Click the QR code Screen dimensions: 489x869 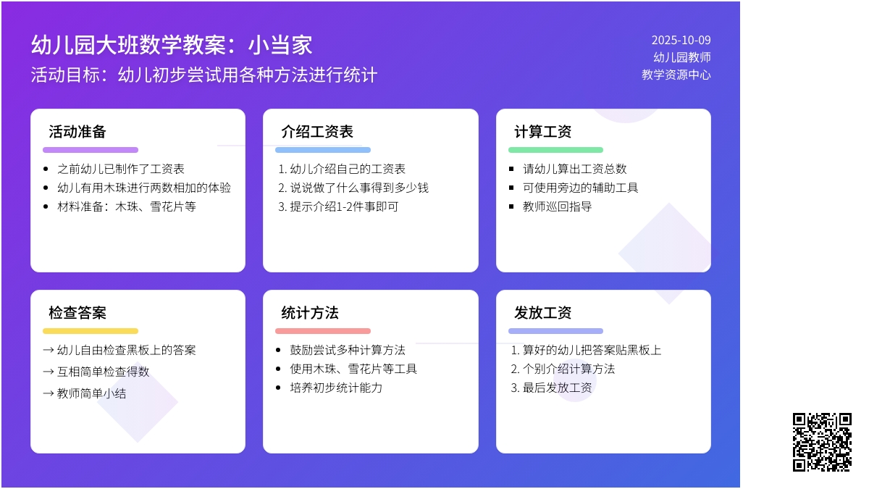[x=822, y=442]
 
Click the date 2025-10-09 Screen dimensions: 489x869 [x=681, y=40]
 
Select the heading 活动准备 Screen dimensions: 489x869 [x=77, y=132]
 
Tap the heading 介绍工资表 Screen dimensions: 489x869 [x=317, y=132]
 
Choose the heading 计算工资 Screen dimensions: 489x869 [x=543, y=132]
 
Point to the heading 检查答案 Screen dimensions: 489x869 [x=77, y=313]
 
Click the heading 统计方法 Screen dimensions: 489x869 [x=310, y=313]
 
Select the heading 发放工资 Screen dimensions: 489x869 [x=543, y=313]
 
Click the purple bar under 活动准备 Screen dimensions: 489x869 [x=91, y=150]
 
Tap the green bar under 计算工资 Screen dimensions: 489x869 [x=555, y=150]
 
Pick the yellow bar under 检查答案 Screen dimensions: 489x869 [x=91, y=331]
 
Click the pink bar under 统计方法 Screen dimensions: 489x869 [x=323, y=331]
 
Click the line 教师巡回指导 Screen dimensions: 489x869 [x=558, y=206]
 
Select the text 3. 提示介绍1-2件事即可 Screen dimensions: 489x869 [x=338, y=206]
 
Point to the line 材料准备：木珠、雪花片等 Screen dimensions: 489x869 [x=127, y=206]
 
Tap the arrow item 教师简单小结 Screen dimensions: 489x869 [x=85, y=393]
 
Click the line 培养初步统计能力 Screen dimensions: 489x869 [x=336, y=388]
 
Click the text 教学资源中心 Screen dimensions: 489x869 [x=676, y=75]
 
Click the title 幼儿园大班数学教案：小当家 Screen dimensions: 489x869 [x=172, y=45]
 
